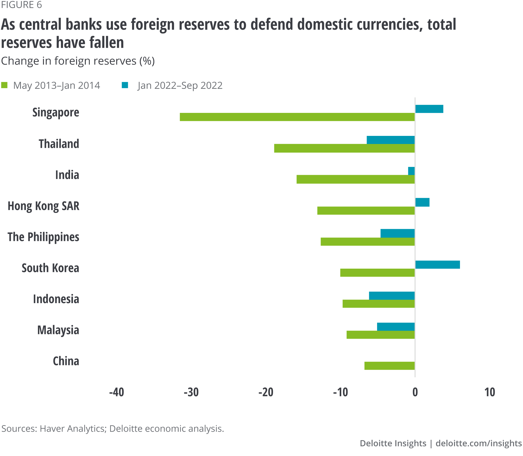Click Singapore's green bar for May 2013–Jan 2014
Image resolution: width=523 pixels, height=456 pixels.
[x=297, y=117]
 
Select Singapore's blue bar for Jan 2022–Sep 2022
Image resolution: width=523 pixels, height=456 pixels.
[x=429, y=109]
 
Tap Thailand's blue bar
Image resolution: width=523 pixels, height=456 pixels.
[x=390, y=140]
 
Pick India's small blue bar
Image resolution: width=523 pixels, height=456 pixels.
[x=411, y=171]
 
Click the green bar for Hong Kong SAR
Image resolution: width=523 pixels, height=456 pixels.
[x=366, y=210]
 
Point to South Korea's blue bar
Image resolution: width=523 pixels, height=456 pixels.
[x=437, y=264]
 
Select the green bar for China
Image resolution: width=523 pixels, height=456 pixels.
[x=389, y=366]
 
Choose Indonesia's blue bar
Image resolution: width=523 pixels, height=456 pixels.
[x=392, y=296]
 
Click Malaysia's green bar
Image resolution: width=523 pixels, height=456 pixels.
[x=380, y=335]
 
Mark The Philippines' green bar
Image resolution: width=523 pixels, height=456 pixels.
[x=368, y=241]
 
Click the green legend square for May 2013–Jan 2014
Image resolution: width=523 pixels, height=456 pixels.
[x=4, y=85]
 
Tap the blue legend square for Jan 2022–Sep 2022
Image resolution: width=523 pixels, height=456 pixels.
[x=125, y=85]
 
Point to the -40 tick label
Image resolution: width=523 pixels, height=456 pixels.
[x=117, y=392]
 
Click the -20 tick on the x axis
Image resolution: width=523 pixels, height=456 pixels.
[x=266, y=392]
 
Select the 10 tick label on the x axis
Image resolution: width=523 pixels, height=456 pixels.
[x=490, y=392]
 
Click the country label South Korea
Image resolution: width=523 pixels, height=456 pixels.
[x=50, y=268]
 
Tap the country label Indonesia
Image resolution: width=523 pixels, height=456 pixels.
[x=56, y=299]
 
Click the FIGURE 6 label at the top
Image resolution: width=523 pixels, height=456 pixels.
[x=21, y=5]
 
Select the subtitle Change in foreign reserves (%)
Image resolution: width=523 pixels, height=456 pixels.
[x=78, y=61]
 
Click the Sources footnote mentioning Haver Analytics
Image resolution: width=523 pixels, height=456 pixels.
[x=113, y=429]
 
